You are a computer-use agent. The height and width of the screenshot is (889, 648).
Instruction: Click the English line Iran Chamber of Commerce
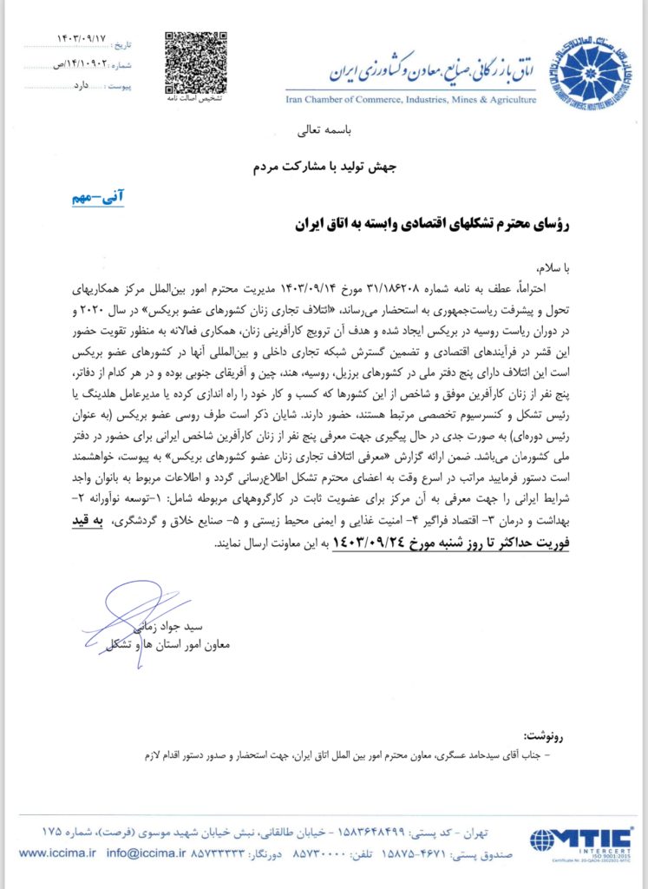410,100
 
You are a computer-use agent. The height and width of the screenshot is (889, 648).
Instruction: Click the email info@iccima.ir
134,853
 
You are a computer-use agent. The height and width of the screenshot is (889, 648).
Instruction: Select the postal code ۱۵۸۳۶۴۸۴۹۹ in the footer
355,834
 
